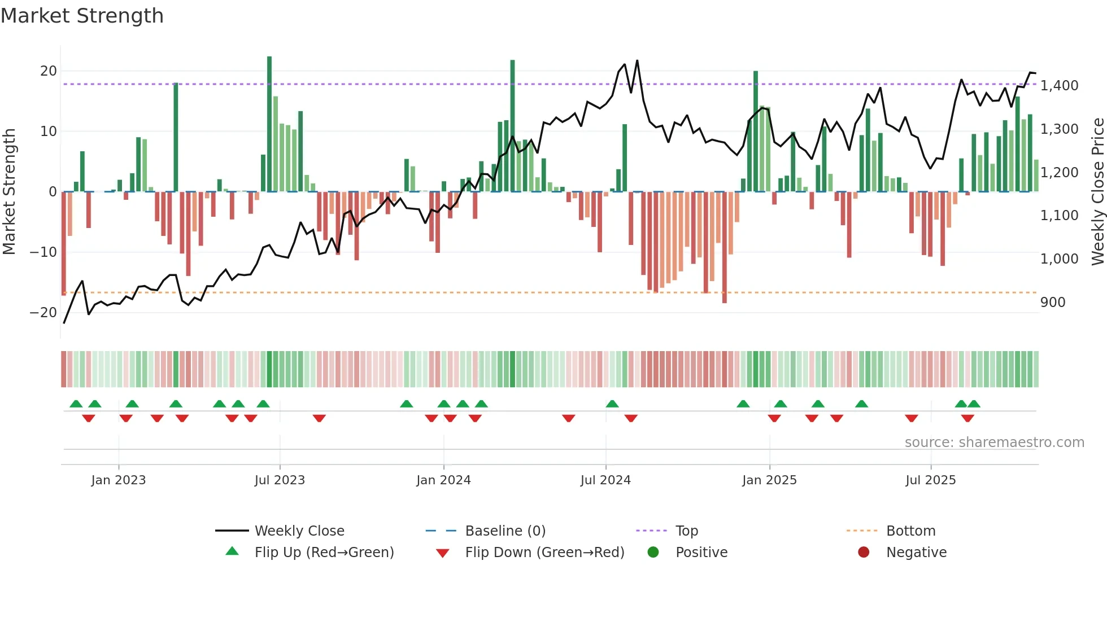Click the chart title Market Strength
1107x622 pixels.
tap(82, 16)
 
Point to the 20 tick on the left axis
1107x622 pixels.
tap(49, 71)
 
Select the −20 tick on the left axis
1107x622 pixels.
tap(44, 312)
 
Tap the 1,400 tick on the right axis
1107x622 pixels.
tap(1059, 86)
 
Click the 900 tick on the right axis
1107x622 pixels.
tap(1052, 303)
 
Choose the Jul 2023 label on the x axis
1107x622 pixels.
tap(280, 480)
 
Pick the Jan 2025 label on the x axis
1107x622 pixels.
tap(769, 480)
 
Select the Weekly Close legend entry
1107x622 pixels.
tap(299, 531)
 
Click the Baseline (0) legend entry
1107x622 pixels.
tap(505, 531)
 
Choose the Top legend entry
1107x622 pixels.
tap(687, 531)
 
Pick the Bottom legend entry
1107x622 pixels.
tap(910, 531)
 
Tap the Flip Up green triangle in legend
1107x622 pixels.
tap(232, 551)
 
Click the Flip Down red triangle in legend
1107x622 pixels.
tap(443, 553)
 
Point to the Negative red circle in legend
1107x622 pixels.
tap(864, 552)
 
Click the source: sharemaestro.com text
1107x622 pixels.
tap(994, 443)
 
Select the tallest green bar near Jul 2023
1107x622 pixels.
tap(269, 124)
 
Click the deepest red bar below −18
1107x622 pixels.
tap(724, 248)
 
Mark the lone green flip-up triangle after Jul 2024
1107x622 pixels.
tap(612, 404)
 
